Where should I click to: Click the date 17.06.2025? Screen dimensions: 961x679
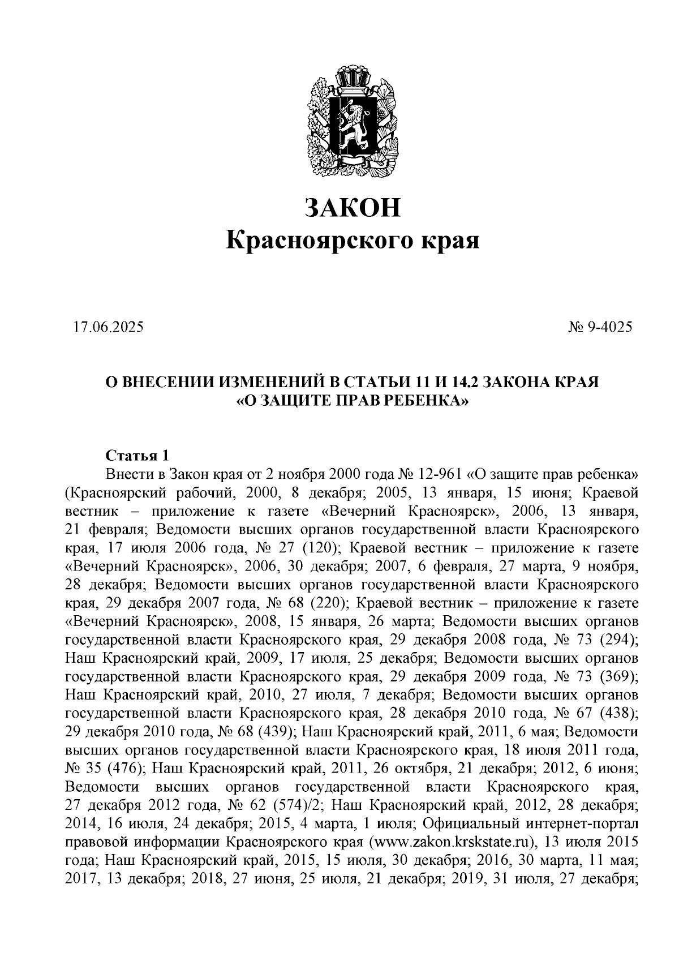[108, 327]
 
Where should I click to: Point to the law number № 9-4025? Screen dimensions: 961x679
[599, 327]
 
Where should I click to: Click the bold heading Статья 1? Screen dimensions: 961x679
[137, 456]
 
